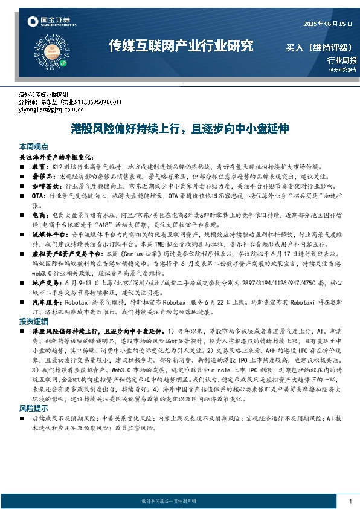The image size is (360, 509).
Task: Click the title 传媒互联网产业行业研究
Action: point(180,46)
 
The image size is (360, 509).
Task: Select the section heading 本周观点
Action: point(34,147)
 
